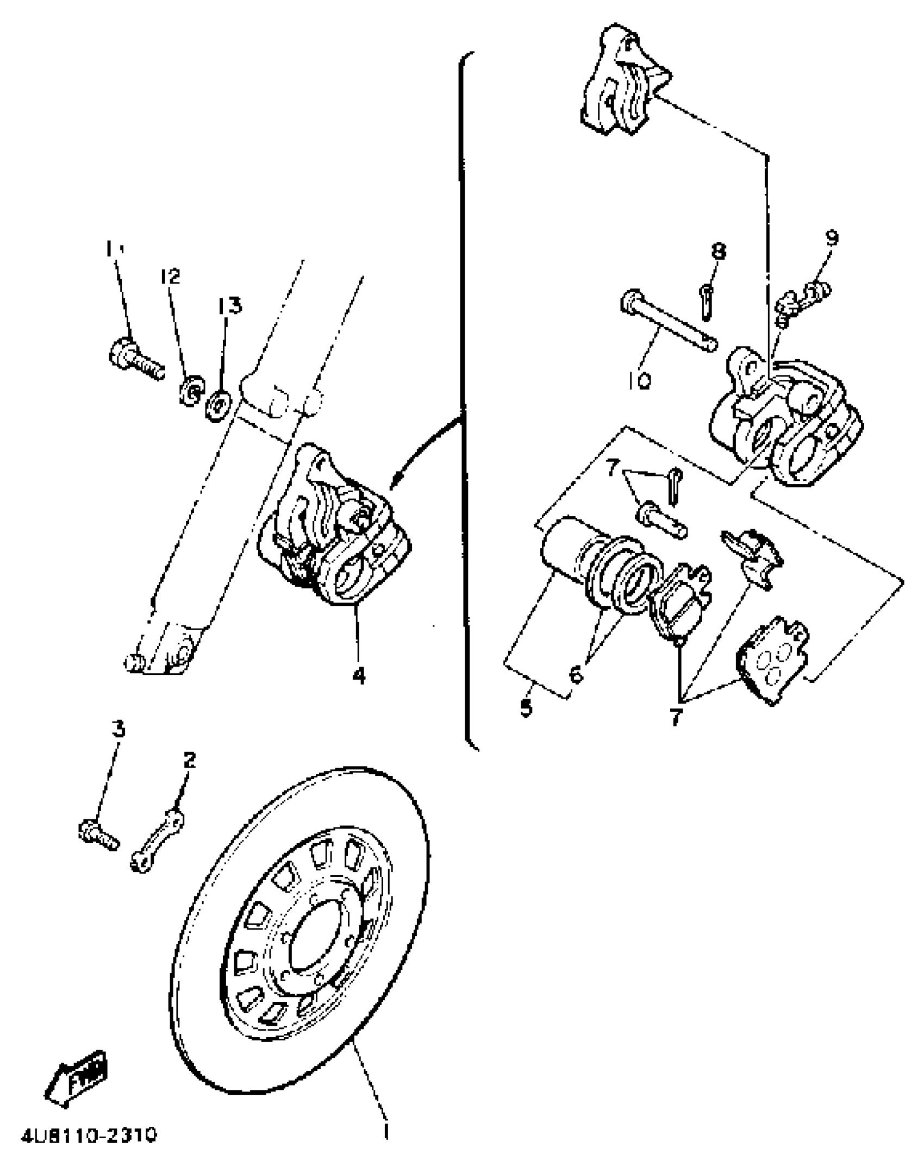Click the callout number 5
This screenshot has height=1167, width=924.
526,708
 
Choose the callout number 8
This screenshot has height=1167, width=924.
718,251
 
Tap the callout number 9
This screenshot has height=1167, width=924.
831,237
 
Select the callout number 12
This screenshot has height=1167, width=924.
170,277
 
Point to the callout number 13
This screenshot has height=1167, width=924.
230,307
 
